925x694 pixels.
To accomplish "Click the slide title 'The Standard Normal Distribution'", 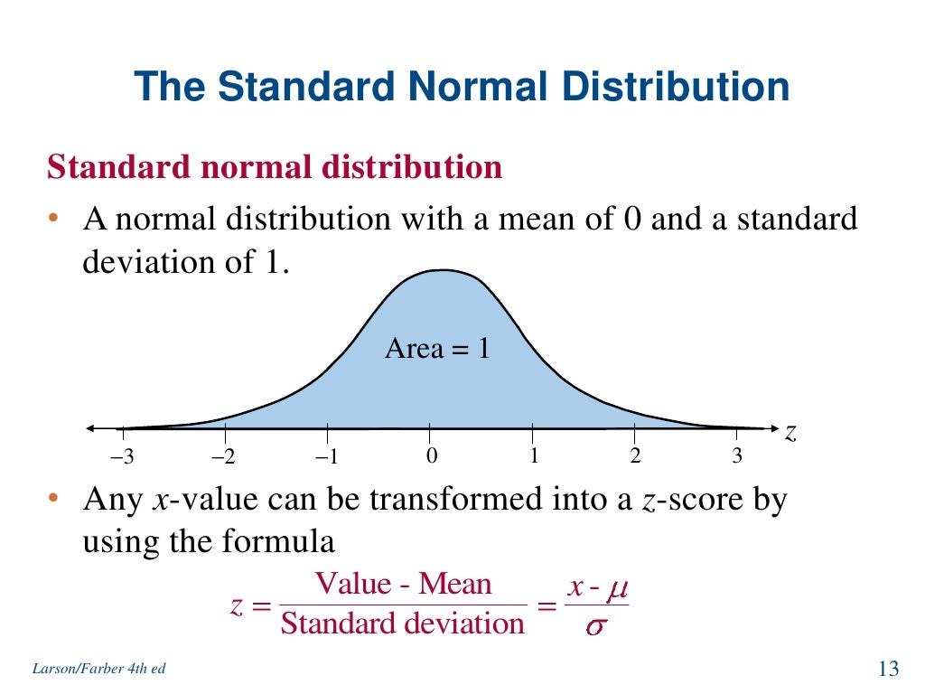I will pyautogui.click(x=462, y=88).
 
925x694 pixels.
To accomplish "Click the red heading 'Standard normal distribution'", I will pyautogui.click(x=275, y=167).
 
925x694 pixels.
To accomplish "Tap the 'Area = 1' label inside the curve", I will pyautogui.click(x=437, y=348).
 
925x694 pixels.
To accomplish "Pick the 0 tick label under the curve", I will pyautogui.click(x=432, y=456).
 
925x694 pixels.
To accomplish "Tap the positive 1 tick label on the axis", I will pyautogui.click(x=534, y=456).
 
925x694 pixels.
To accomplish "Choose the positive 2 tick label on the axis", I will pyautogui.click(x=635, y=456).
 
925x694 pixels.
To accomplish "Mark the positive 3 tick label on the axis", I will pyautogui.click(x=737, y=456).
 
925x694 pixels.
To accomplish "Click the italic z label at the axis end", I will pyautogui.click(x=790, y=434).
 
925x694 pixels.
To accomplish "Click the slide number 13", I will pyautogui.click(x=888, y=669).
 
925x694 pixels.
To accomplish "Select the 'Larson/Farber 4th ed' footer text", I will pyautogui.click(x=98, y=669).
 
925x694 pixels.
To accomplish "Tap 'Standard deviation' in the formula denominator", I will pyautogui.click(x=402, y=624).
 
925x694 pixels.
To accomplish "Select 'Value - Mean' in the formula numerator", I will pyautogui.click(x=403, y=584).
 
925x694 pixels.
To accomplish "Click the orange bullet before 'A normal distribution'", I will pyautogui.click(x=54, y=220).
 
